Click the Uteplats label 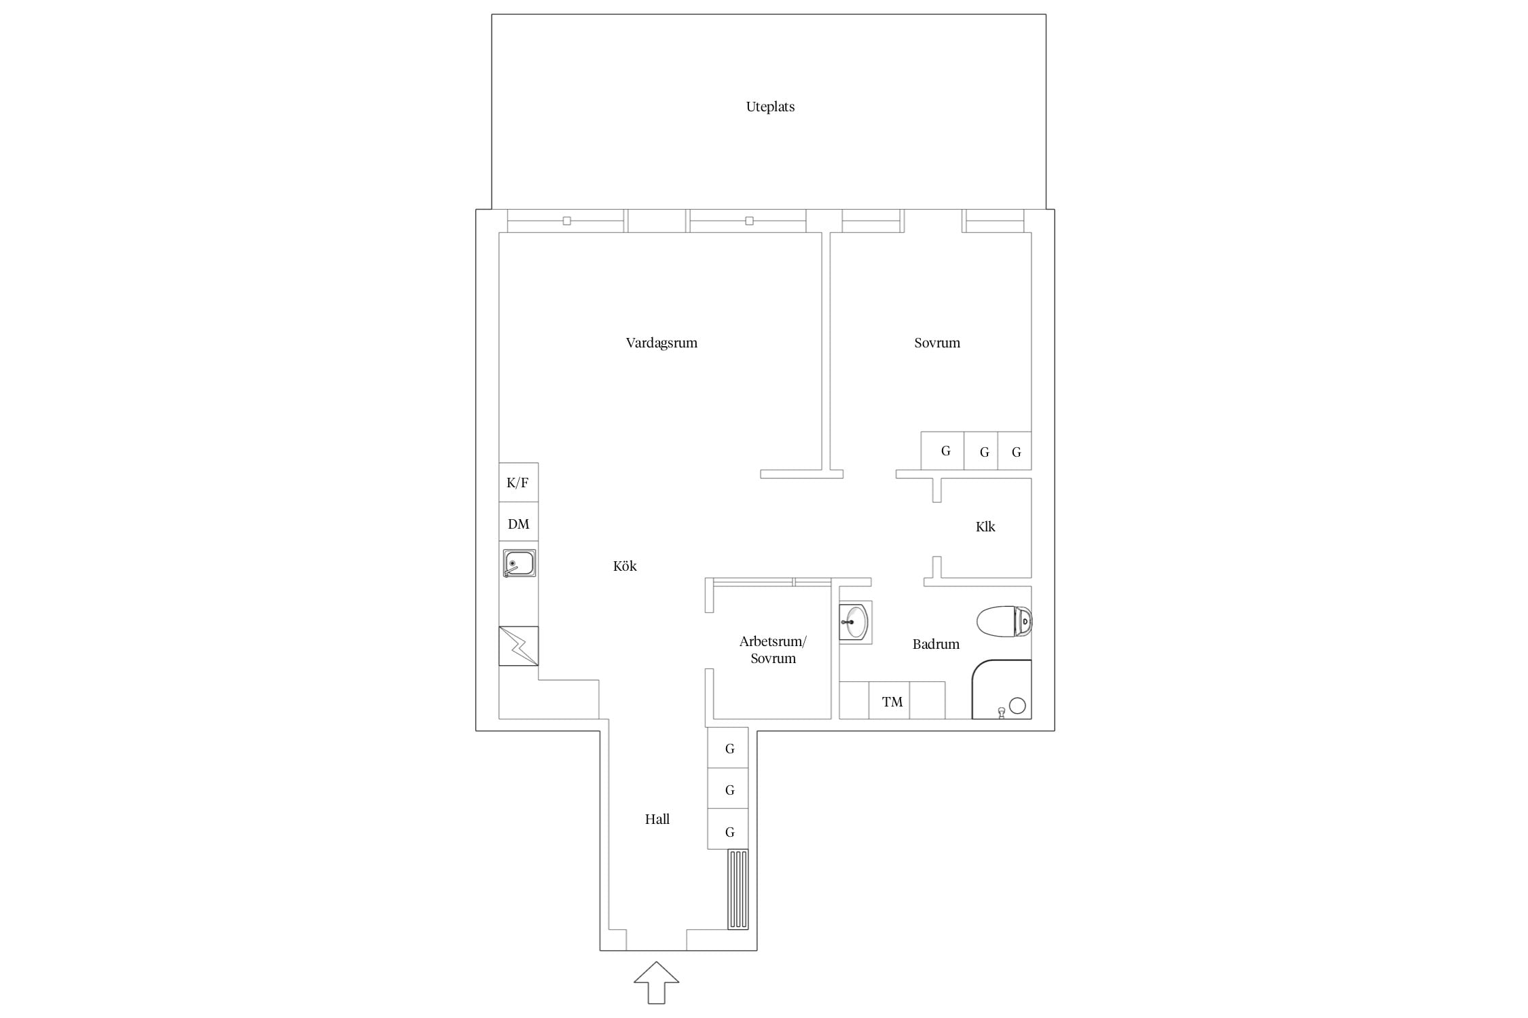pyautogui.click(x=770, y=107)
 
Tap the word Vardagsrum pyautogui.click(x=661, y=343)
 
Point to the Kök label pyautogui.click(x=625, y=566)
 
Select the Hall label pyautogui.click(x=657, y=819)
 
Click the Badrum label pyautogui.click(x=936, y=644)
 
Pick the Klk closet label pyautogui.click(x=985, y=527)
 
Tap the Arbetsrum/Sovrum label pyautogui.click(x=773, y=649)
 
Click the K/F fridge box pyautogui.click(x=519, y=483)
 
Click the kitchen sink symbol pyautogui.click(x=520, y=563)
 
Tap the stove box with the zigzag pyautogui.click(x=519, y=646)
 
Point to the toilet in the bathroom pyautogui.click(x=1004, y=621)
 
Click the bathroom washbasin pyautogui.click(x=854, y=622)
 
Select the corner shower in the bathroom pyautogui.click(x=1002, y=689)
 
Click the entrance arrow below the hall pyautogui.click(x=657, y=982)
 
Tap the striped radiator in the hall pyautogui.click(x=738, y=889)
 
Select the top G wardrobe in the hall pyautogui.click(x=728, y=748)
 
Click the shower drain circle pyautogui.click(x=1017, y=706)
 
